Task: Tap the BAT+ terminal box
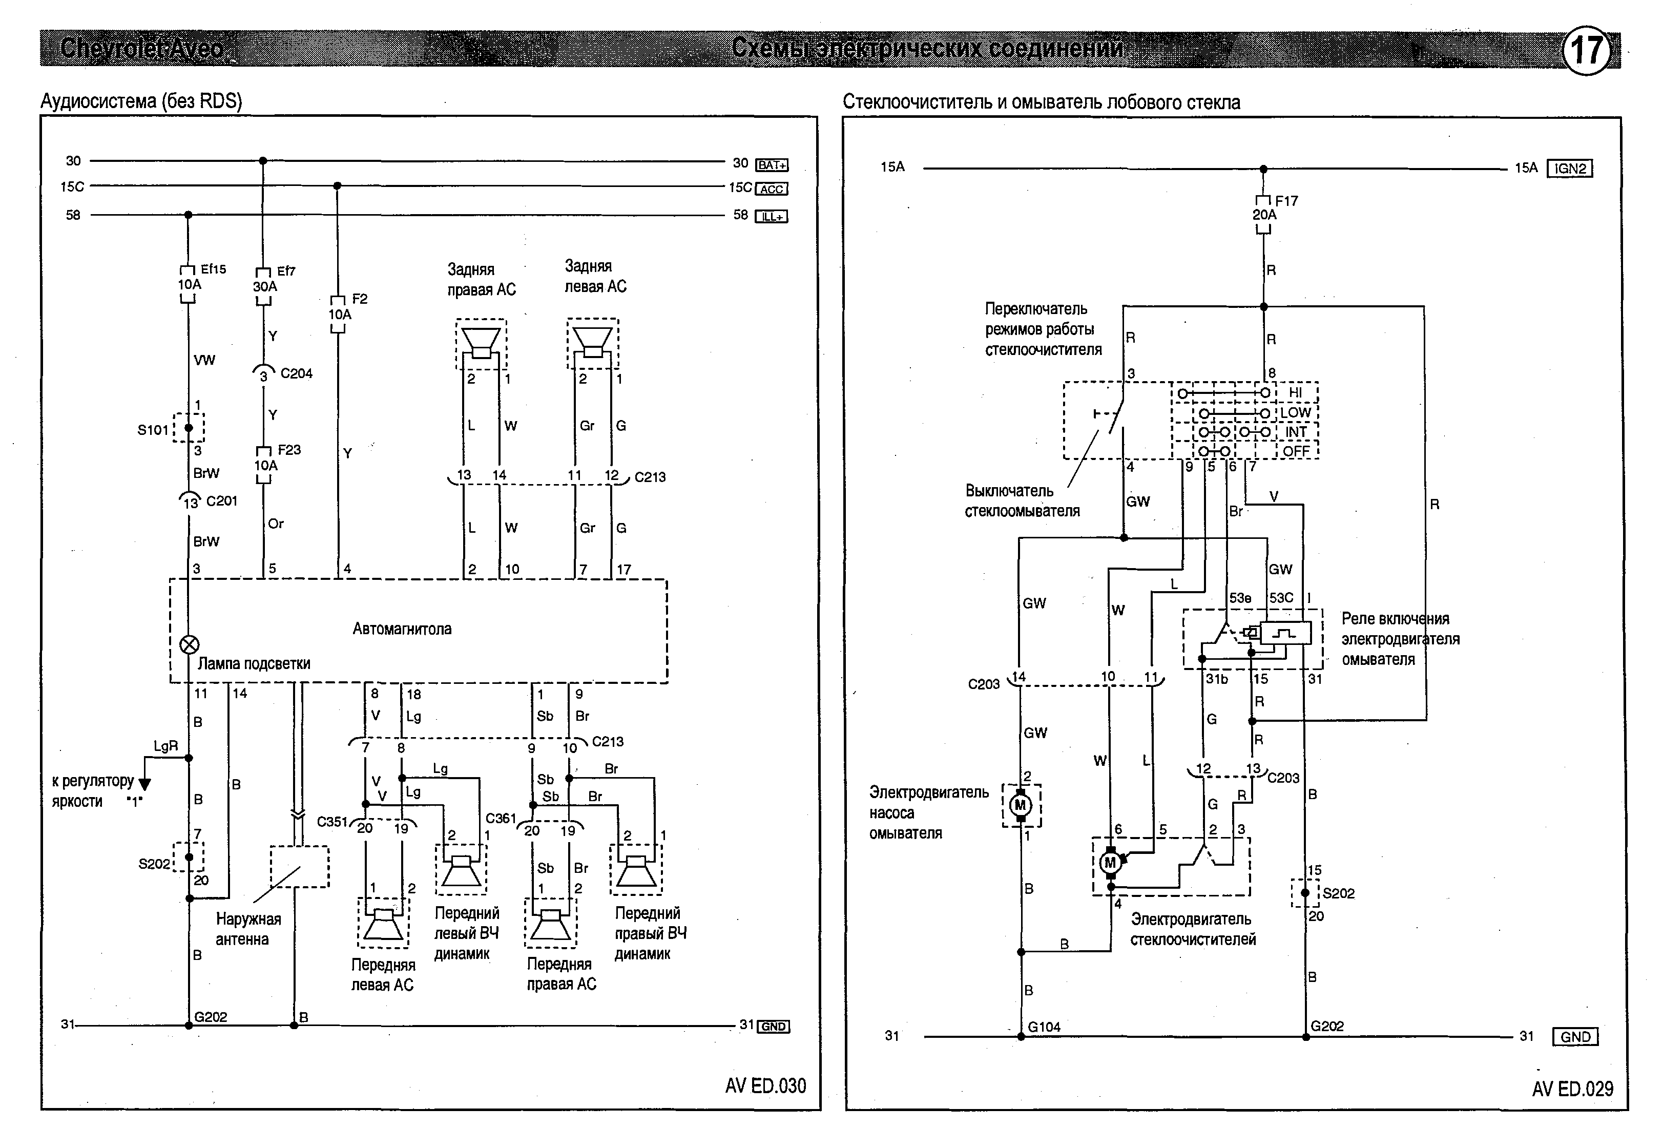click(772, 164)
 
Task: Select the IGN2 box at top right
click(1569, 169)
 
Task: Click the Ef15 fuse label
click(213, 269)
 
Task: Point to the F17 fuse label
click(1286, 201)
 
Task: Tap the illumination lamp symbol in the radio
click(189, 644)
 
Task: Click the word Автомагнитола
click(402, 629)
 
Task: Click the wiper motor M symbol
click(1111, 863)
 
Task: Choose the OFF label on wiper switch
click(1296, 451)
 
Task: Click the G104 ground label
click(1044, 1027)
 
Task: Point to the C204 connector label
click(296, 373)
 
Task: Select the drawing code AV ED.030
click(765, 1086)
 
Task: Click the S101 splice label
click(153, 430)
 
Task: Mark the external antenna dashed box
click(300, 866)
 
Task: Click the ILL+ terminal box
click(772, 216)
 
